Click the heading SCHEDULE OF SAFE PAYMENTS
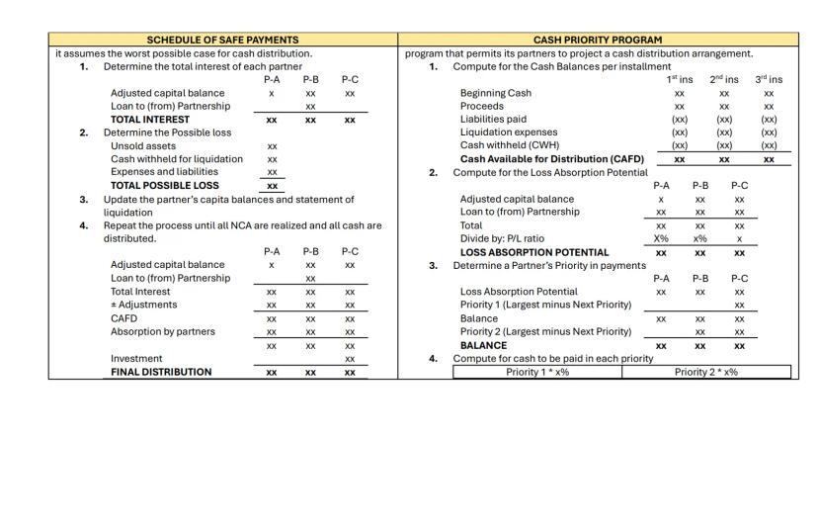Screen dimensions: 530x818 [222, 40]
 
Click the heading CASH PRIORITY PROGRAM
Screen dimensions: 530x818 [598, 40]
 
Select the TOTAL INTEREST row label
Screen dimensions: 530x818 [150, 120]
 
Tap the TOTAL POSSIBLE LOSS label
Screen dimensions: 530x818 [165, 185]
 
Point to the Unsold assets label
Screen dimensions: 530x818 [144, 145]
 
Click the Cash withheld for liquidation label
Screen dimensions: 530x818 [176, 158]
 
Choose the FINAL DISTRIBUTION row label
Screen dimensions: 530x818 [161, 372]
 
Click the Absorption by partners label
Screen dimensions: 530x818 [163, 331]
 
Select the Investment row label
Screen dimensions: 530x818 [136, 359]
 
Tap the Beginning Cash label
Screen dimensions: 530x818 [496, 93]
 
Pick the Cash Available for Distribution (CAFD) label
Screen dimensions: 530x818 [552, 158]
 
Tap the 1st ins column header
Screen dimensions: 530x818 [680, 79]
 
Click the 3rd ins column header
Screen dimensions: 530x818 [769, 79]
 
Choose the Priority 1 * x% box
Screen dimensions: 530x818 [537, 372]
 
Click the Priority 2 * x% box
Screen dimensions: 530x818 [706, 372]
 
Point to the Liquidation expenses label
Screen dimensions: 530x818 [509, 132]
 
